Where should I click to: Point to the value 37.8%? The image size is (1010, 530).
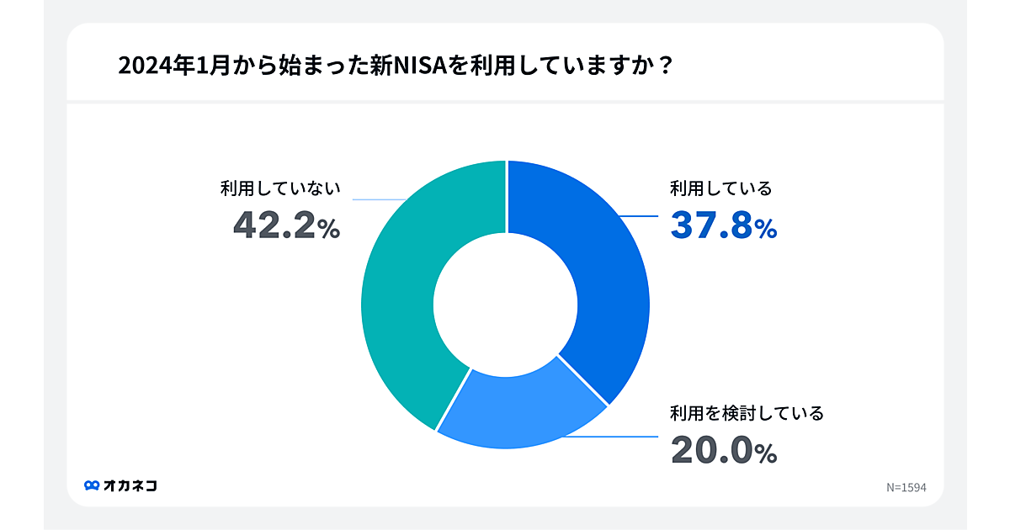click(723, 226)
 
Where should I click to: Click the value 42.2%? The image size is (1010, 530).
click(286, 226)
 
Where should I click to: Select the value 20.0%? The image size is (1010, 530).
click(723, 451)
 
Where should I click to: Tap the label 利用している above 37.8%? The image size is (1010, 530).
click(720, 188)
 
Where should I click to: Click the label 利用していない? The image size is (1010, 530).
click(280, 188)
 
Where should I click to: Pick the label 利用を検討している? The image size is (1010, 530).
click(746, 413)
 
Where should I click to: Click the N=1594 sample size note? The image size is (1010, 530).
click(906, 487)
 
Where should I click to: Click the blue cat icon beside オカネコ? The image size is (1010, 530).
click(92, 485)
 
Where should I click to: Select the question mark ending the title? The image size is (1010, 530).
click(665, 66)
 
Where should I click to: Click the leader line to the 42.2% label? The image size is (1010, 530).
click(379, 200)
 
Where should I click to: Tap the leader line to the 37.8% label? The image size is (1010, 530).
click(640, 217)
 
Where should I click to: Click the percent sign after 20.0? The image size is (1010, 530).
click(766, 454)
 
